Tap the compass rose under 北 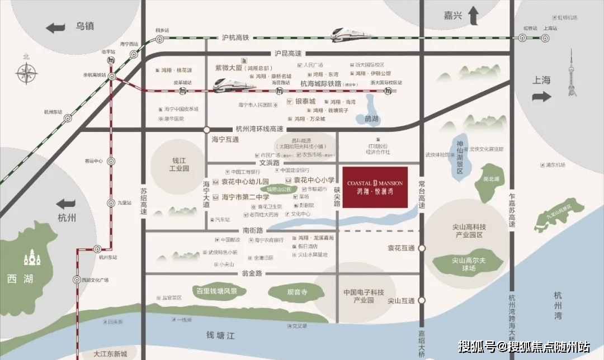pyautogui.click(x=26, y=73)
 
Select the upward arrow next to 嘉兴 pyautogui.click(x=474, y=16)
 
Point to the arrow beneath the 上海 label pyautogui.click(x=541, y=97)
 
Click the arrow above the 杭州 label pyautogui.click(x=67, y=204)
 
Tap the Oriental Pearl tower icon pyautogui.click(x=572, y=73)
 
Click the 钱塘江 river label pyautogui.click(x=220, y=335)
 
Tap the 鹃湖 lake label pyautogui.click(x=371, y=119)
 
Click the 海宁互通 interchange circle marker pyautogui.click(x=206, y=129)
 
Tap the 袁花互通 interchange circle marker pyautogui.click(x=422, y=248)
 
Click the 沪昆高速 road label pyautogui.click(x=287, y=54)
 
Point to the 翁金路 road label pyautogui.click(x=252, y=273)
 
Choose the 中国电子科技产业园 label pyautogui.click(x=364, y=296)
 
